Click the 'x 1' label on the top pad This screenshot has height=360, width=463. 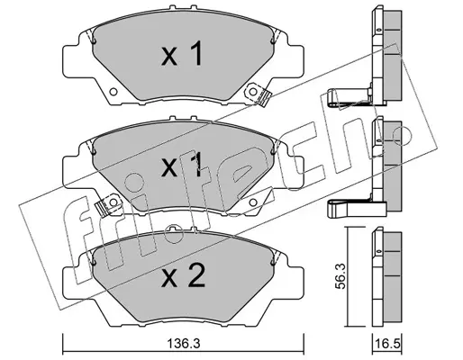tap(182, 53)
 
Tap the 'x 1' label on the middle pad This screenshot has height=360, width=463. tap(182, 165)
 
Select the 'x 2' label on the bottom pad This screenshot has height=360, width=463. tap(183, 275)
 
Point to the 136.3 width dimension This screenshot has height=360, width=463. tap(183, 344)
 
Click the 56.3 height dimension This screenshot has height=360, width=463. tap(340, 276)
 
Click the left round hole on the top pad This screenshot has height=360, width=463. tap(113, 92)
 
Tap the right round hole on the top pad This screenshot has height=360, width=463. tap(253, 91)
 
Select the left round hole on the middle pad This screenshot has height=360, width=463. tap(113, 202)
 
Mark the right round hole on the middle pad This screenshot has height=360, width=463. tap(253, 202)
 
